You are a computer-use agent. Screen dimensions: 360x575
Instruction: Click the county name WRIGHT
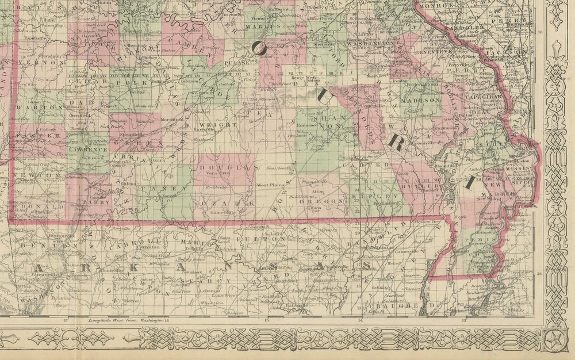coord(210,124)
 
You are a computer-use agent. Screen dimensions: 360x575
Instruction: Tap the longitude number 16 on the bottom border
coord(166,320)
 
